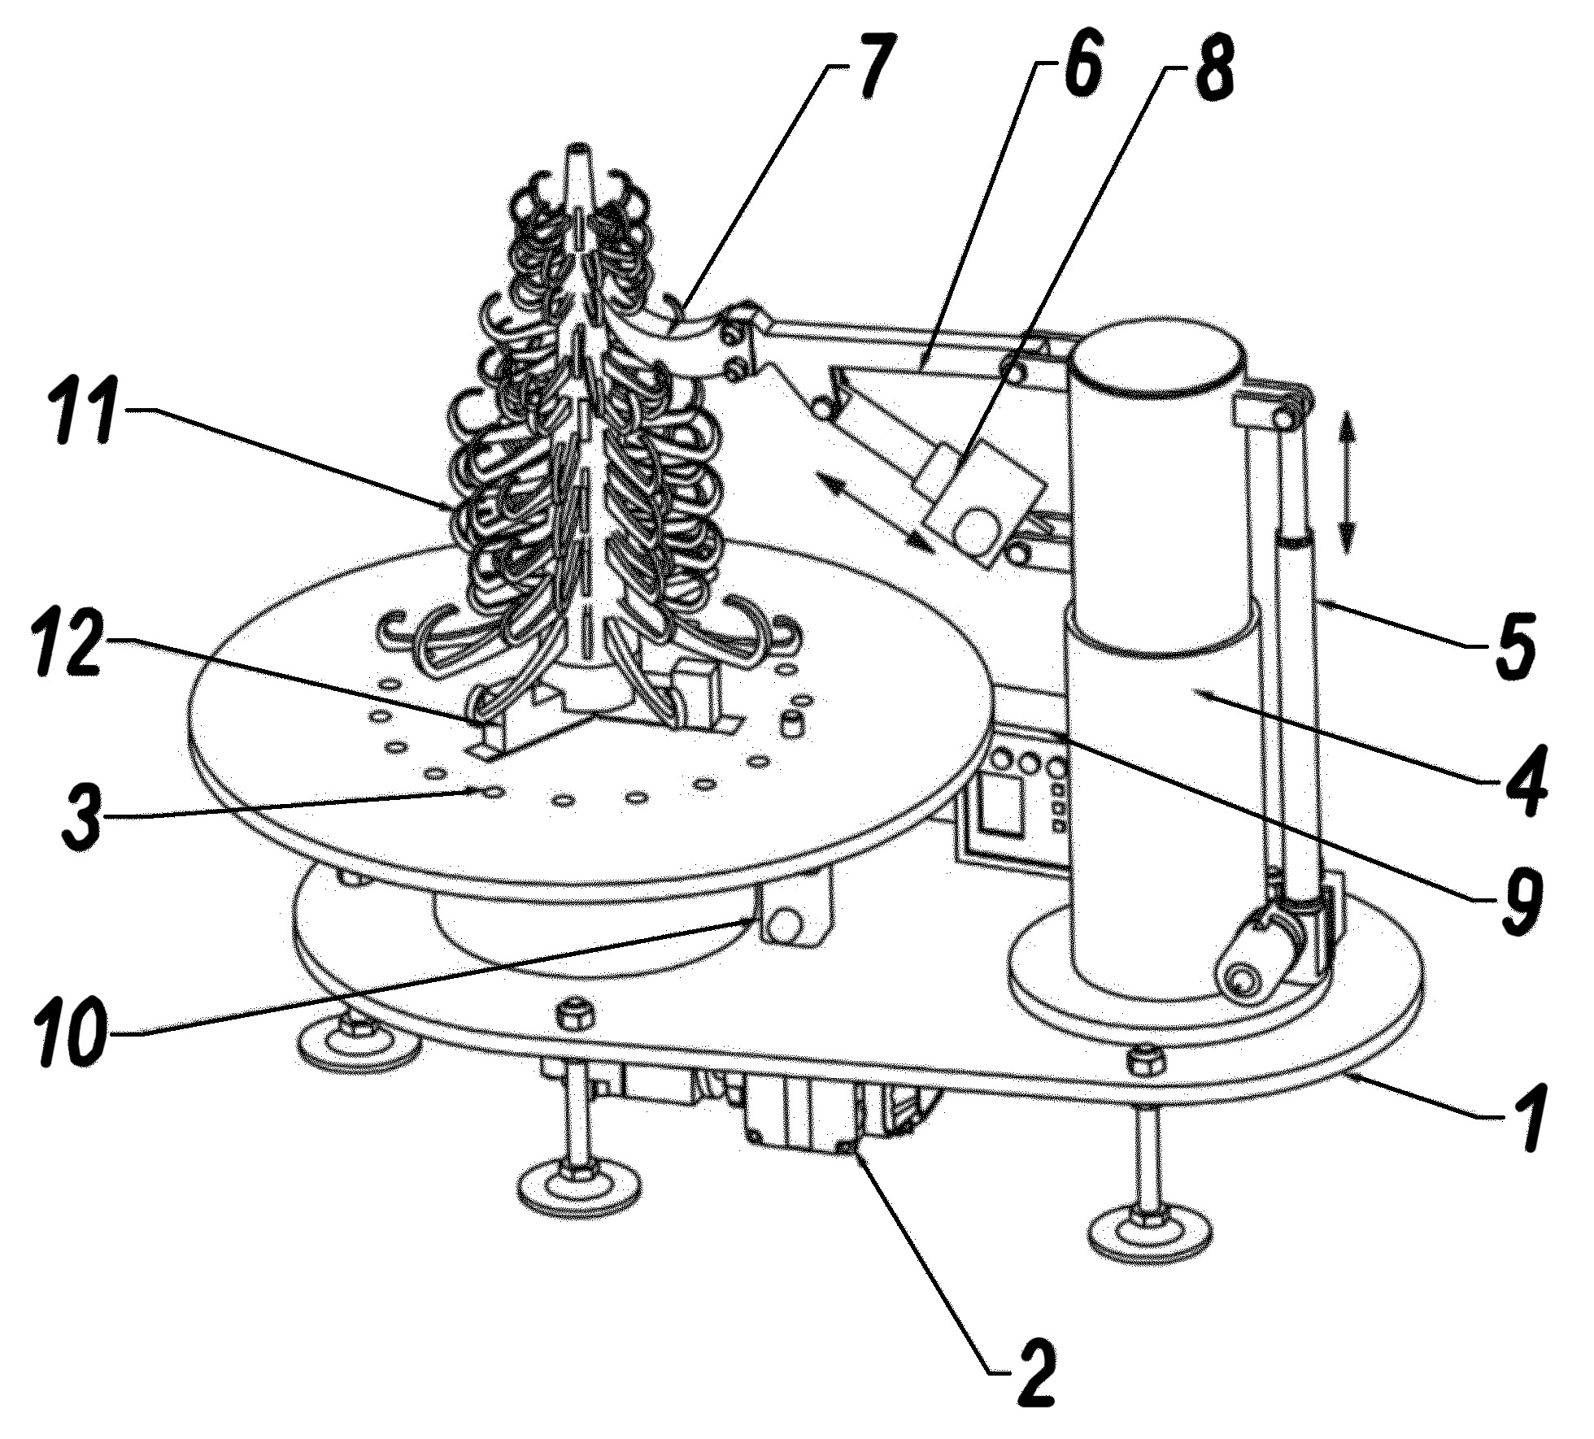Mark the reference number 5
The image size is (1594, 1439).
tap(1511, 647)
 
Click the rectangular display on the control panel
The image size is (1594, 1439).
tap(1000, 806)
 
